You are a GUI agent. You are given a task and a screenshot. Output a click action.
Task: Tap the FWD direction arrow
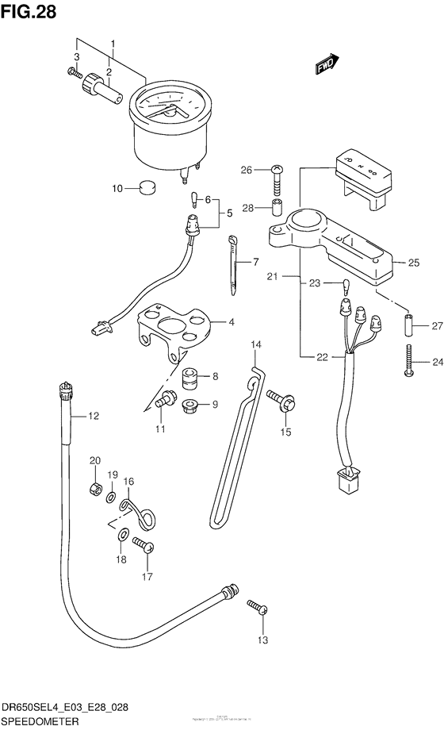pos(327,64)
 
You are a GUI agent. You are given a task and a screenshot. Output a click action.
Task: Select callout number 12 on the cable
pos(93,414)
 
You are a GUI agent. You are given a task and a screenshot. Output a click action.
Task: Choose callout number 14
pos(255,344)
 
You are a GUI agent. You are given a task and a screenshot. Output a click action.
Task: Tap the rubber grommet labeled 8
pos(189,377)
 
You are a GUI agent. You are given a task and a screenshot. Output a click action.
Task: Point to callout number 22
pos(321,358)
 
